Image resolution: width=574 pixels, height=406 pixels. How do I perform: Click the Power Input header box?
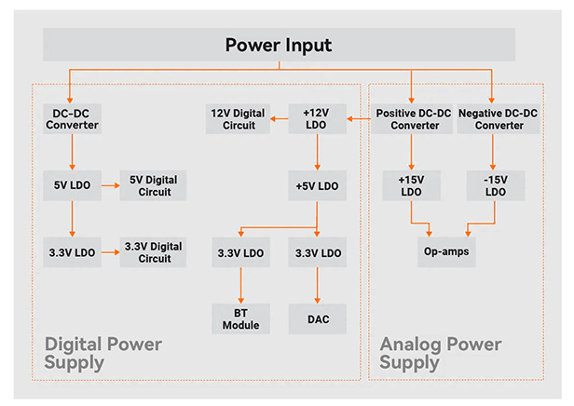[x=279, y=45]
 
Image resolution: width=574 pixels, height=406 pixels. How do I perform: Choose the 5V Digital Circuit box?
[x=153, y=184]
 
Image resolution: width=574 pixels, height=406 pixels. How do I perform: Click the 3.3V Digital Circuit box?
[x=153, y=251]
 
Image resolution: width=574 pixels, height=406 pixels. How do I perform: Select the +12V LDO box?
[x=318, y=118]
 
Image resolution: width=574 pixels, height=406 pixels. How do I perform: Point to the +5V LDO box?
[x=318, y=184]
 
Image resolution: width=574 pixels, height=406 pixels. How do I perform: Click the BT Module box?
[x=240, y=318]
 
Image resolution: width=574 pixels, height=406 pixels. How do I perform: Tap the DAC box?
[x=318, y=318]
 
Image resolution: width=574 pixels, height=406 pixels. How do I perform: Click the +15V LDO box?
[x=412, y=184]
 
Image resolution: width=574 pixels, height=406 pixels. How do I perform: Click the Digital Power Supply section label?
[x=103, y=354]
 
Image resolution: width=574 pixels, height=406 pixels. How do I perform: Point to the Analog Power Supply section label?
[x=441, y=354]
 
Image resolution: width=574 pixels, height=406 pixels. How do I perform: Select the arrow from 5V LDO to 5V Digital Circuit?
[x=109, y=184]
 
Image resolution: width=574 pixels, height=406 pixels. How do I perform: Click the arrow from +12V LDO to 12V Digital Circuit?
[x=283, y=118]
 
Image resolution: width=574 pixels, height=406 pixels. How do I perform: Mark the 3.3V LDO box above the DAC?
[x=318, y=251]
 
